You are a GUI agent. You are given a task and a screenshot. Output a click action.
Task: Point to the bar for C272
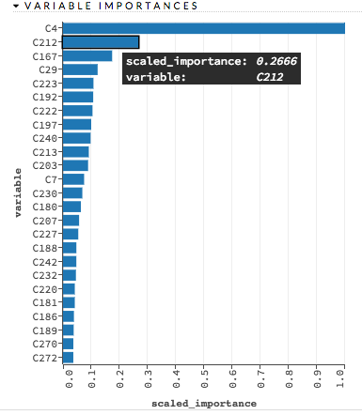pyautogui.click(x=68, y=357)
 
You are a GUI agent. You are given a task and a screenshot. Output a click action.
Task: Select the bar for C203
pyautogui.click(x=75, y=165)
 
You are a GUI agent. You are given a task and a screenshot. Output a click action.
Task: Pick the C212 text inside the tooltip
pyautogui.click(x=272, y=76)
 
